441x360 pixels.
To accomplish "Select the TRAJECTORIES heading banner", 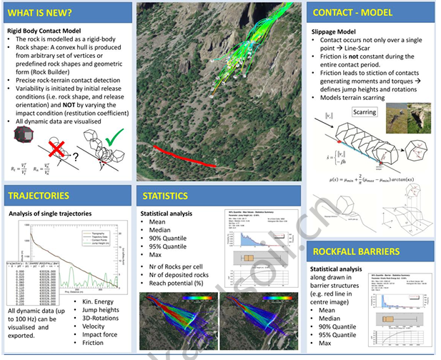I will (39, 195).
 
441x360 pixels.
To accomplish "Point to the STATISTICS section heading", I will (165, 195).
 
